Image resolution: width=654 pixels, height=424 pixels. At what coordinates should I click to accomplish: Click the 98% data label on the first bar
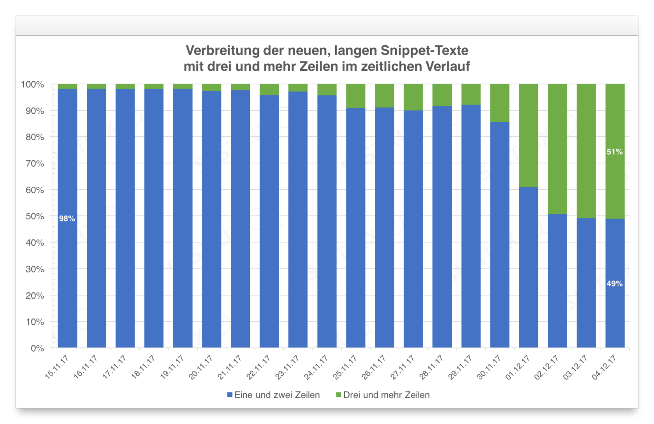67,219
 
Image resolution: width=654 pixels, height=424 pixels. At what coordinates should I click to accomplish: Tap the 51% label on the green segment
614,152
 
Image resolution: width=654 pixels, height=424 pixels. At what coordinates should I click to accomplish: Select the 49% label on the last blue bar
614,284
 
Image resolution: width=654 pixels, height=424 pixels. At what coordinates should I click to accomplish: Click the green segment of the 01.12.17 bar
528,135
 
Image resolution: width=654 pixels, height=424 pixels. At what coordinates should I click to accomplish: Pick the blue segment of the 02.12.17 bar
557,280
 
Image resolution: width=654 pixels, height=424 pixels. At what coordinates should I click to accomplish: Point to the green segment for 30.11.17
499,103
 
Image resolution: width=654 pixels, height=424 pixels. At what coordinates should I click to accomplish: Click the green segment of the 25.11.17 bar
355,96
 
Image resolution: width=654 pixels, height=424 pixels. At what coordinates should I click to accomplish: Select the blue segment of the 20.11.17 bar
211,218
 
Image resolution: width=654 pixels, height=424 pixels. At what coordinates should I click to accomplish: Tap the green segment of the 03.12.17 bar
586,151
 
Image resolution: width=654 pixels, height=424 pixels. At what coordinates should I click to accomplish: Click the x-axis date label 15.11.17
57,367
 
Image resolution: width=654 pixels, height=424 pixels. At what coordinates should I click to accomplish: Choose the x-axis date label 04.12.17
604,367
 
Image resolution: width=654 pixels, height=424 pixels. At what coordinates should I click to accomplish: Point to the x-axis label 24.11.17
316,367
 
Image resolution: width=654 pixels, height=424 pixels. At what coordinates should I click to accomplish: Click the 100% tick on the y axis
33,84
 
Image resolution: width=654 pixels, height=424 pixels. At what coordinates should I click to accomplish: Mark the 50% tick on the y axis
35,216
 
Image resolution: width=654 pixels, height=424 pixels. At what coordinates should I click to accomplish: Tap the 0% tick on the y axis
37,348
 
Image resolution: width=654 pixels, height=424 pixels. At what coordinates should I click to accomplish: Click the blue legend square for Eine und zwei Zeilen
230,395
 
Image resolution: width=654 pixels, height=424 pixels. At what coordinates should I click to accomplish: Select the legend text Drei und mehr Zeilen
386,395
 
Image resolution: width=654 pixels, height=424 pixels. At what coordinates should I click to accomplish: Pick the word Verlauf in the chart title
448,67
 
